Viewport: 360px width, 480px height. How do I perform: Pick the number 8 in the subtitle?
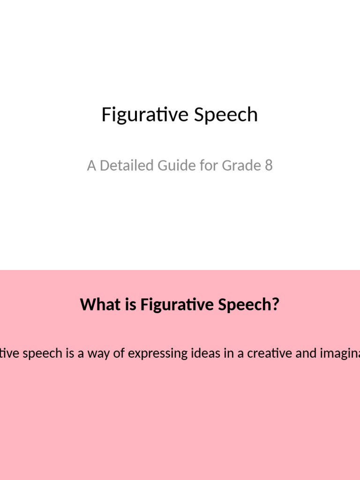pyautogui.click(x=269, y=165)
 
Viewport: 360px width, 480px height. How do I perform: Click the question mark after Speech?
pyautogui.click(x=276, y=305)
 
